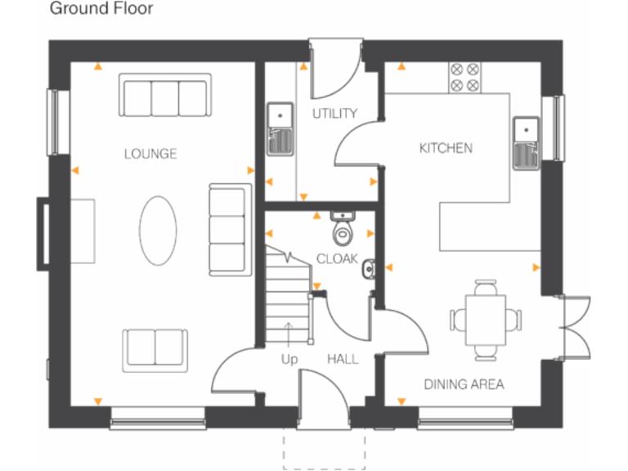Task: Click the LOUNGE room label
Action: tap(150, 154)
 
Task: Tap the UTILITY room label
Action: tap(334, 114)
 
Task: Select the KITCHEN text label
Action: tap(445, 148)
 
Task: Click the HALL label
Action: tap(343, 359)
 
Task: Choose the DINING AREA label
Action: tap(463, 384)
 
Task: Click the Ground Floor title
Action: tap(101, 10)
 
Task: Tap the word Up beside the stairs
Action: tap(289, 359)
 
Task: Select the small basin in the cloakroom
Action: tap(369, 266)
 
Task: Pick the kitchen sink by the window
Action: tap(523, 141)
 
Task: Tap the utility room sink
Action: tap(280, 128)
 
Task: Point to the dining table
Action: tap(485, 319)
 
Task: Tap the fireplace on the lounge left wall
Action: tap(43, 233)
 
